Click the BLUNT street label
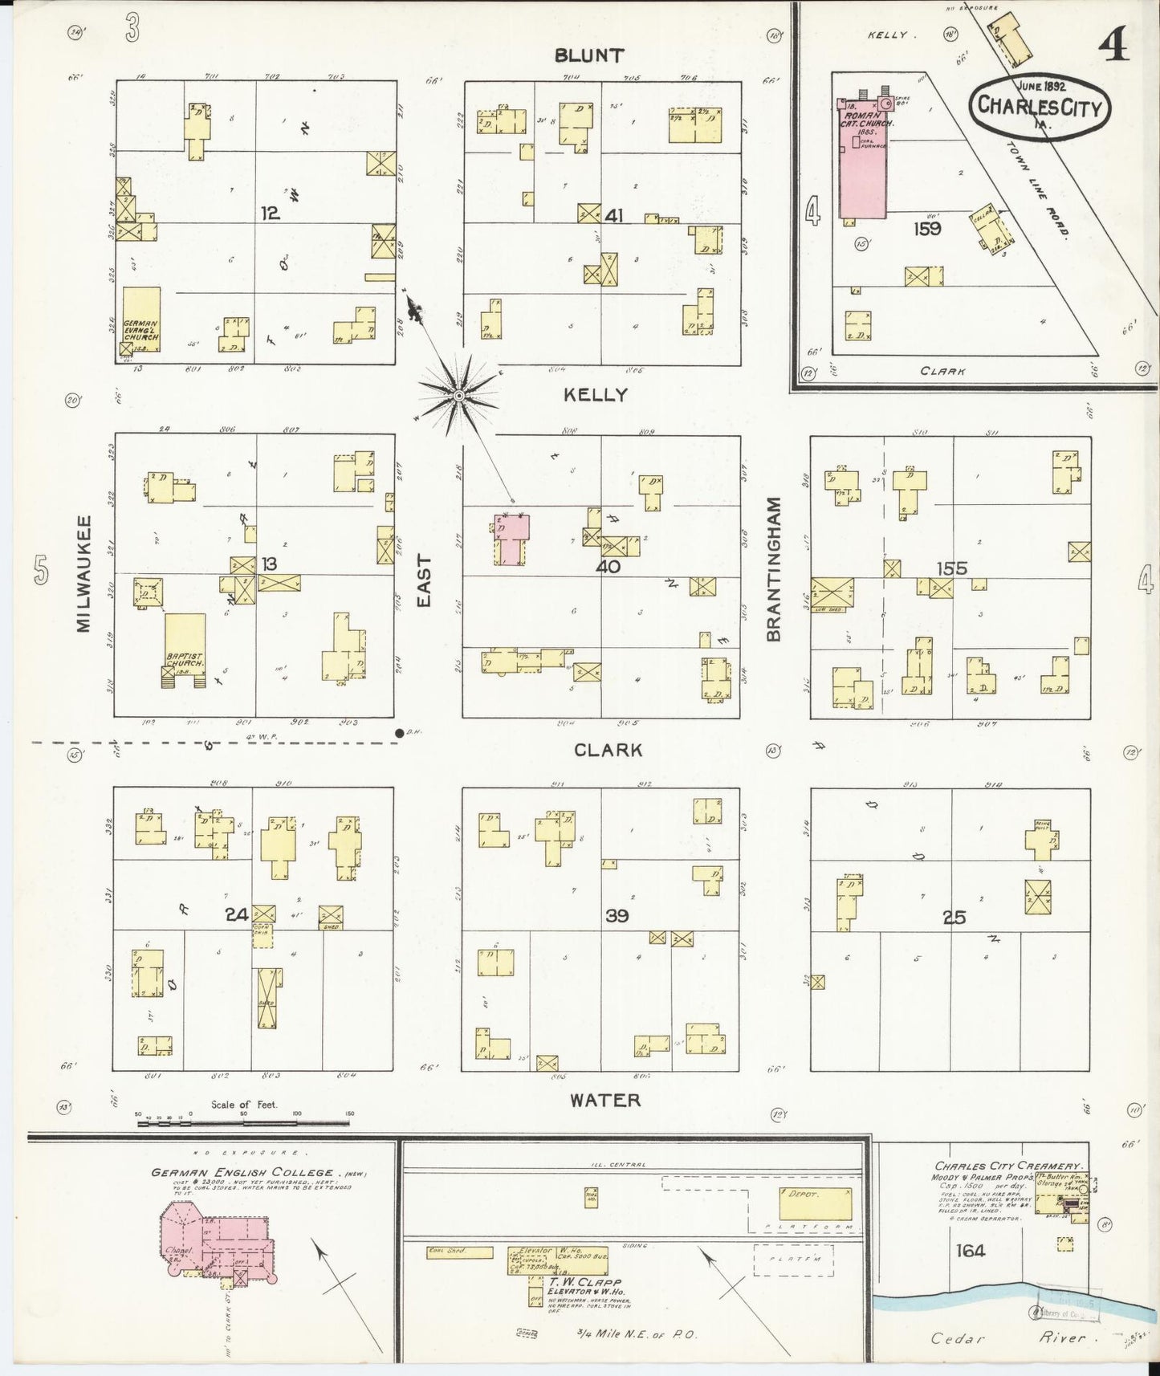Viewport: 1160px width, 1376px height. pos(588,55)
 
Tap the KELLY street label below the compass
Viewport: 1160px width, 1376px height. pos(595,394)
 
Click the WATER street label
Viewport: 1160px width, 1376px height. pos(605,1100)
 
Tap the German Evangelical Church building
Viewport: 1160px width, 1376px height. pos(141,321)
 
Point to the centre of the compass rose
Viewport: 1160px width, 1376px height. pos(458,396)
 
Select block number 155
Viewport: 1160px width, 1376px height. pos(951,568)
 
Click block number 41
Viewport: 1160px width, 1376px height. pos(615,215)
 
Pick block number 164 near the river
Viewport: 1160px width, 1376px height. pos(971,1250)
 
